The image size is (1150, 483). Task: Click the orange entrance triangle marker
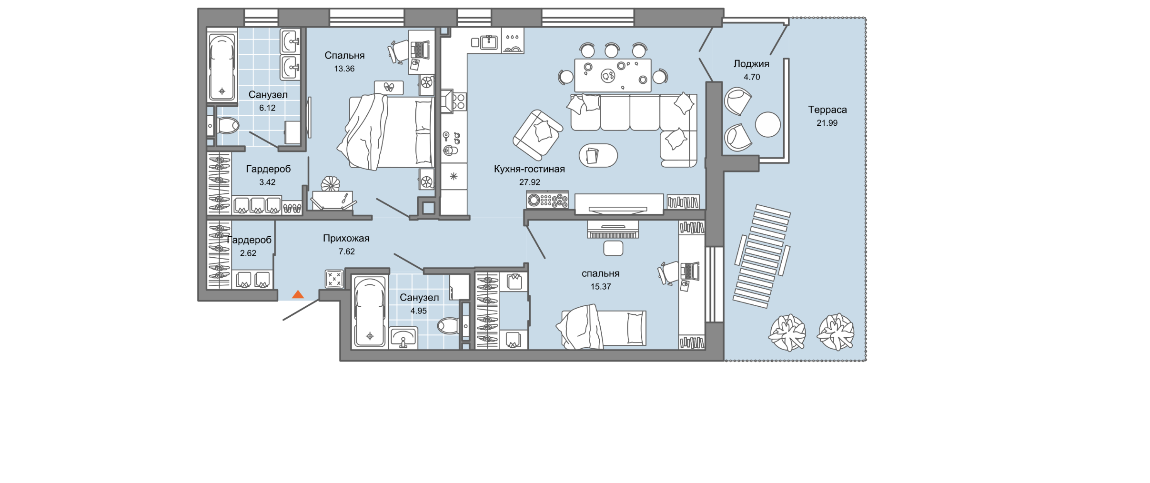[298, 294]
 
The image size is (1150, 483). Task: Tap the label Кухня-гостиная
[529, 169]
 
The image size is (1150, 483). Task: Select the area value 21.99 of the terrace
[827, 123]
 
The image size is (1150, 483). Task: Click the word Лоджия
[751, 64]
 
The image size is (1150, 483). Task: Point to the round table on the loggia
[768, 124]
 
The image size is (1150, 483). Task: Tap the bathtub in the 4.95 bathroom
[370, 313]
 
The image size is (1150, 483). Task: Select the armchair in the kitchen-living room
[538, 135]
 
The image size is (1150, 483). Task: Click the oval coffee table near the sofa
[598, 155]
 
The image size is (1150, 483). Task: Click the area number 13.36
[344, 69]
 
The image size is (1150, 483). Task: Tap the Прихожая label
[346, 239]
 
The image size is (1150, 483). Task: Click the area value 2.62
[248, 253]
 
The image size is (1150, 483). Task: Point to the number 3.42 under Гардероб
[267, 182]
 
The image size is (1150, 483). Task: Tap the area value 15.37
[601, 287]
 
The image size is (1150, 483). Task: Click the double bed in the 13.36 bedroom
[386, 132]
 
